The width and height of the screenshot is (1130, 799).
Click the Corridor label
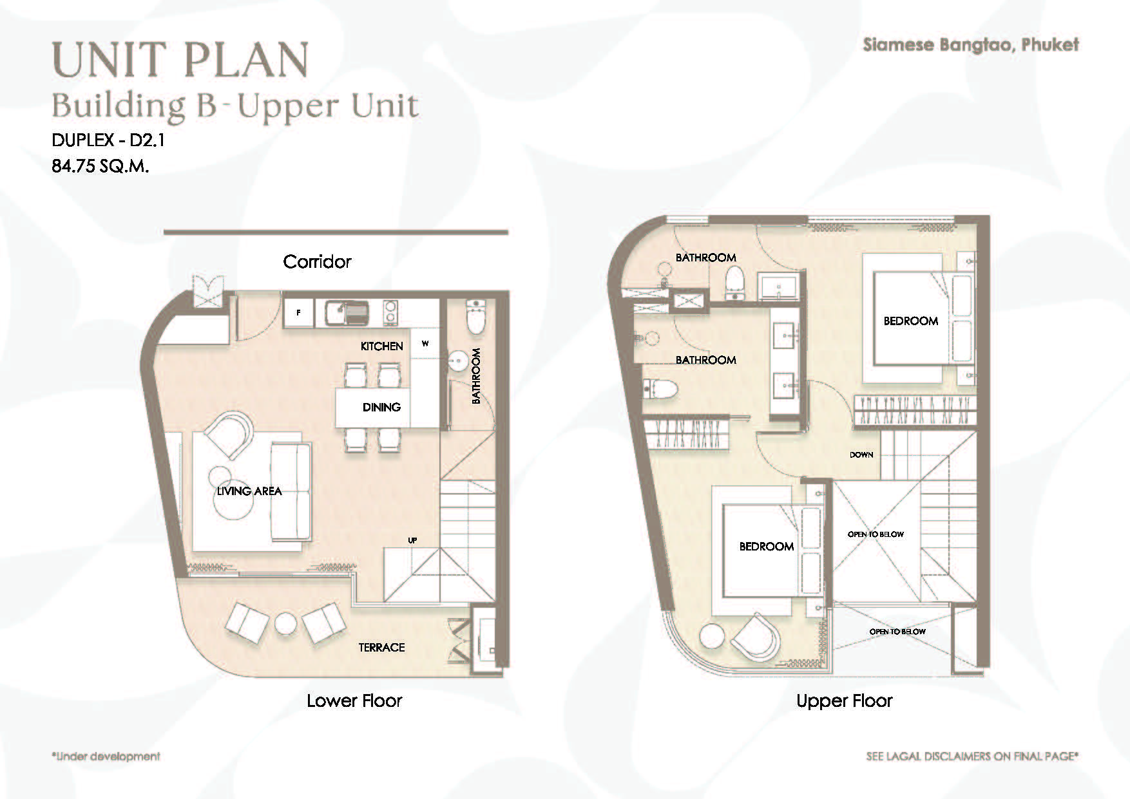click(317, 261)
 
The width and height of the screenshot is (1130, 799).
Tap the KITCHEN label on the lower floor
click(381, 346)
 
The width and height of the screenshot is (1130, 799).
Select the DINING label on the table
click(381, 407)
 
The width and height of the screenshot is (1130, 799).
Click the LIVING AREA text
click(249, 491)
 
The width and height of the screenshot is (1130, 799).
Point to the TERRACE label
click(381, 648)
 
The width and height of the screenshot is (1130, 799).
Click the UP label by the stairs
click(412, 540)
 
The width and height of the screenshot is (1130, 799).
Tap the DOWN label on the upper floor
click(861, 455)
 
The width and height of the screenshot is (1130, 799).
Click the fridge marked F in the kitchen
click(299, 313)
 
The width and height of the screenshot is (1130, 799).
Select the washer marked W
click(425, 344)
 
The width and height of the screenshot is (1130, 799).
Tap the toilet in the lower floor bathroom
click(475, 316)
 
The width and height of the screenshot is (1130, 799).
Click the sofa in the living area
click(290, 492)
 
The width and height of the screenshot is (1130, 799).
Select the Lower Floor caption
click(354, 700)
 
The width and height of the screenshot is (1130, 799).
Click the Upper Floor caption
click(845, 700)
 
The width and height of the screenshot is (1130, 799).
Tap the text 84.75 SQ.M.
click(101, 166)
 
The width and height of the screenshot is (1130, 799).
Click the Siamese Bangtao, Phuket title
click(971, 44)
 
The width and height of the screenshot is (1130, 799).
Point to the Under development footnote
click(106, 756)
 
